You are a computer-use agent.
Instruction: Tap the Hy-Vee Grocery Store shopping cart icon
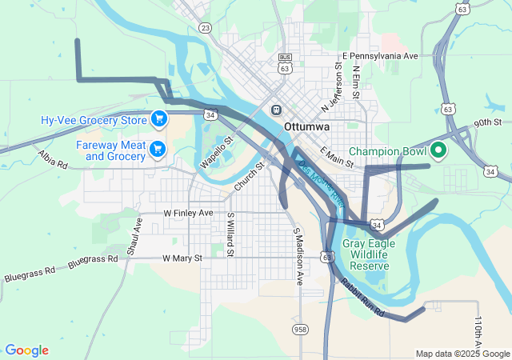pos(159,120)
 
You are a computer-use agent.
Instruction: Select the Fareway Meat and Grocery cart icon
pos(158,148)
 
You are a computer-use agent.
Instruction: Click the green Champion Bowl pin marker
pos(438,150)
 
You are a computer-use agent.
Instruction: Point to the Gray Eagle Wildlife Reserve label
pos(366,254)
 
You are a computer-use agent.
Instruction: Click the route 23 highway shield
pos(206,28)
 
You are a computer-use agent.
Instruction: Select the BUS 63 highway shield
pos(285,62)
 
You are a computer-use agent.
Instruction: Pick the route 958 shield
pos(301,329)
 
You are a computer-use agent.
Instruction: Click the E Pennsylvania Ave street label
pos(380,56)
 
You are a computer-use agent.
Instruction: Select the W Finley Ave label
pos(188,214)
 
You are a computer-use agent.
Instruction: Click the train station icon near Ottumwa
pos(276,110)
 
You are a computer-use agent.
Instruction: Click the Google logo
pos(26,350)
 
